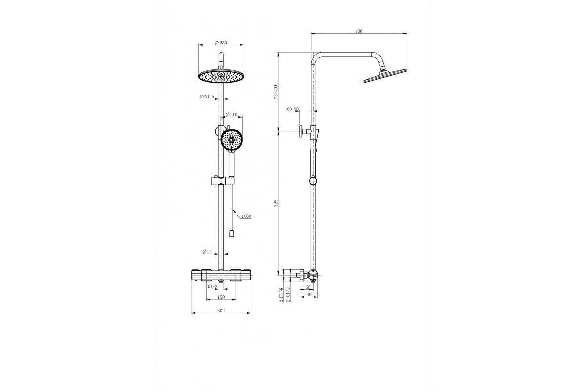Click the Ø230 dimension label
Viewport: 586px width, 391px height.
coord(221,43)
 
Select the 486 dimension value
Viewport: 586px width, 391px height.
coord(359,31)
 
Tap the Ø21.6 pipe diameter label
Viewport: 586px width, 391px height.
coord(207,97)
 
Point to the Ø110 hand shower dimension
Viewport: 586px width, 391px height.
coord(231,115)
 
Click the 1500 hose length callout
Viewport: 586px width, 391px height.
coord(246,217)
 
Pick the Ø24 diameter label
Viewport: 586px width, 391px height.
coord(207,252)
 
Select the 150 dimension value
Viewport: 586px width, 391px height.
coord(221,297)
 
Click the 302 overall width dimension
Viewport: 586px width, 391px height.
coord(221,310)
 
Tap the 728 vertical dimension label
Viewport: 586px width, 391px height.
coord(276,203)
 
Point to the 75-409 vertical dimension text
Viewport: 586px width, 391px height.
coord(276,92)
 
